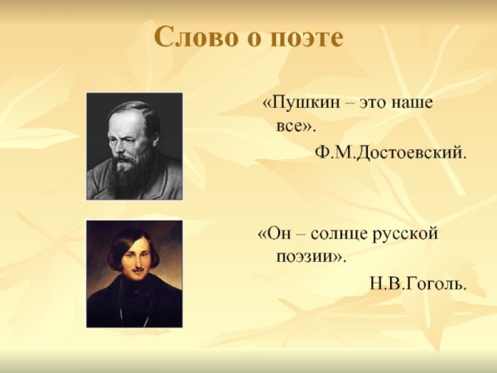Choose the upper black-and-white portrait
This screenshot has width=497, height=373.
click(x=134, y=146)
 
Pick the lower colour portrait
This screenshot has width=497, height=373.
click(x=134, y=274)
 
